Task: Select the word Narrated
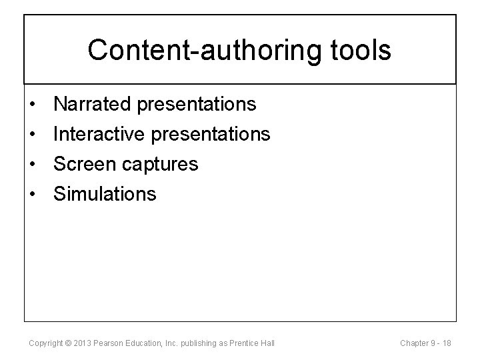click(x=94, y=104)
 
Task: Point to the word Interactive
click(x=101, y=134)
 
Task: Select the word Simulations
click(x=105, y=194)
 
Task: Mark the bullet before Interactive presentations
click(x=32, y=135)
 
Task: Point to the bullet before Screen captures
click(x=32, y=165)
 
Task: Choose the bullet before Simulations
click(x=32, y=195)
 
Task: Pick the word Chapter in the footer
click(x=414, y=343)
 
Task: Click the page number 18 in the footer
click(x=447, y=343)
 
